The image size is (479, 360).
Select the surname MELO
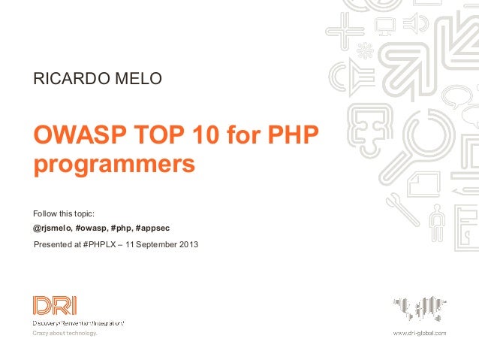[x=137, y=77]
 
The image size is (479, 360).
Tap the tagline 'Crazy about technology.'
[x=65, y=333]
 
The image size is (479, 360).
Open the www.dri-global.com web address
[x=420, y=332]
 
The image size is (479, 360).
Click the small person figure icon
[x=437, y=218]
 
